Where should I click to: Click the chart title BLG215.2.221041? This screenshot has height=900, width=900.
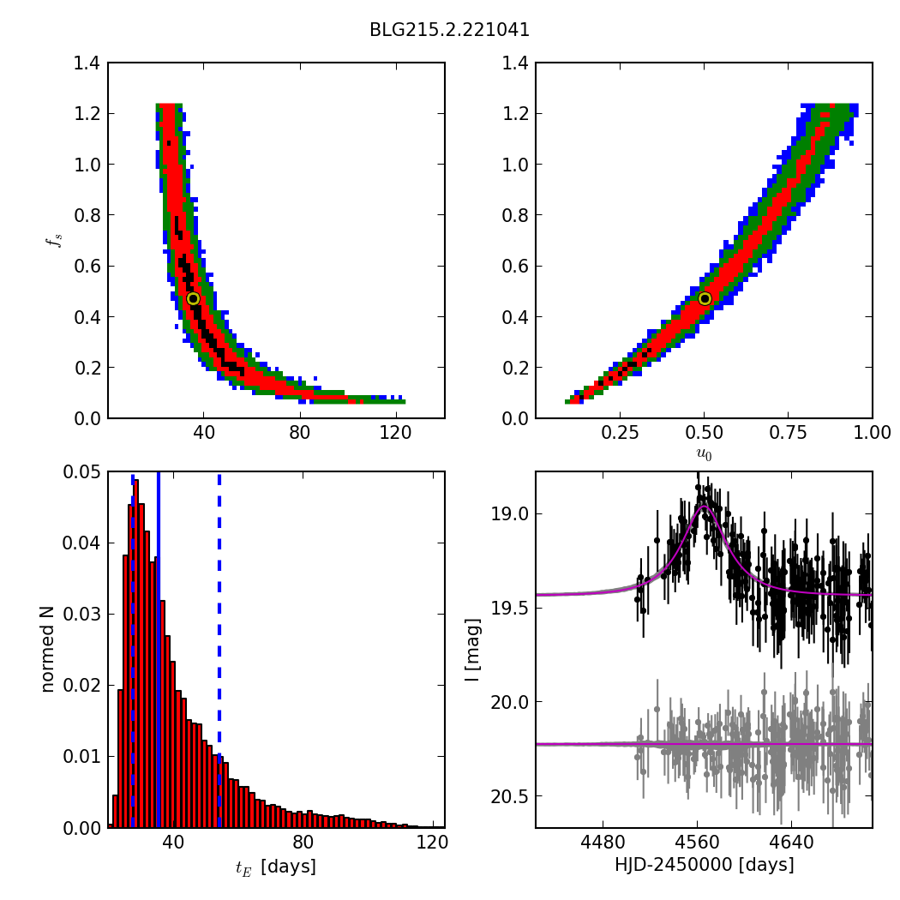(449, 30)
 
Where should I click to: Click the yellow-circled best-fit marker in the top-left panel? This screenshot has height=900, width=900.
(193, 298)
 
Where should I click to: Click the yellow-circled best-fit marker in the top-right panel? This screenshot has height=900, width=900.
(705, 298)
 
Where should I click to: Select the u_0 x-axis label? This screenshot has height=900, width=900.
(704, 453)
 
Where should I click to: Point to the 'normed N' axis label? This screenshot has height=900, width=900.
(48, 649)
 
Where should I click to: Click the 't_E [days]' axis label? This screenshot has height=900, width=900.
(276, 867)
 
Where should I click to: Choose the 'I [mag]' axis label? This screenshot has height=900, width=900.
(472, 649)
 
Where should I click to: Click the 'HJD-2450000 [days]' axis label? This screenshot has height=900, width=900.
(704, 866)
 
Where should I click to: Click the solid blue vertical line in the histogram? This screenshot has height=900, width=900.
(159, 600)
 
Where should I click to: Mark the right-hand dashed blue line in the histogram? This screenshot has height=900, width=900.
(219, 600)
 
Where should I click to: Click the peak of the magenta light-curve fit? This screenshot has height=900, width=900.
(703, 506)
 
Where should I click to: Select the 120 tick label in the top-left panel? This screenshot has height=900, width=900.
(396, 435)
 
